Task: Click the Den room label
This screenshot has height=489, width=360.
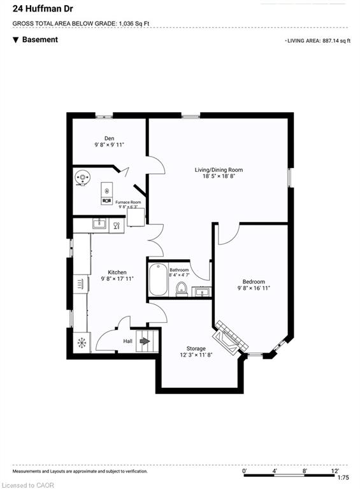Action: tap(109, 138)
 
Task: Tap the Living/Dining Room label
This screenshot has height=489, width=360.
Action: tap(219, 170)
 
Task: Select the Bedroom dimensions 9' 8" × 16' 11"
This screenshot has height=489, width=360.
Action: tap(254, 288)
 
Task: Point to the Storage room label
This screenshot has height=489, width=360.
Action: tap(196, 348)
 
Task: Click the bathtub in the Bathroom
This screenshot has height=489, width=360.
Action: tap(158, 280)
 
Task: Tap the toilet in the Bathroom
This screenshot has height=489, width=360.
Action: tap(181, 289)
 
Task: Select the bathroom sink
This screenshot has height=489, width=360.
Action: tap(201, 292)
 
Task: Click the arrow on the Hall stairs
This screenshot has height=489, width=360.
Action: tap(145, 341)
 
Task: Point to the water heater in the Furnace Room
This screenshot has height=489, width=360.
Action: tap(82, 178)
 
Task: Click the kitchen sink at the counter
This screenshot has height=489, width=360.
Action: tap(99, 223)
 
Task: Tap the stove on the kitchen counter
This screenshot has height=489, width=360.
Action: tap(81, 284)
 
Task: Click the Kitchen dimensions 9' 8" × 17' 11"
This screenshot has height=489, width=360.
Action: tap(117, 279)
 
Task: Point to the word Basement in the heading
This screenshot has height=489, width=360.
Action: tap(40, 39)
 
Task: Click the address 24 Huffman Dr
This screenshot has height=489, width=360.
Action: tap(43, 9)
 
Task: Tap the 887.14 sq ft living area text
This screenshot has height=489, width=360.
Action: tap(336, 41)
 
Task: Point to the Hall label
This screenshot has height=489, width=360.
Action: tap(127, 341)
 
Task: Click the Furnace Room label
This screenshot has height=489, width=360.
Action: tap(128, 202)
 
